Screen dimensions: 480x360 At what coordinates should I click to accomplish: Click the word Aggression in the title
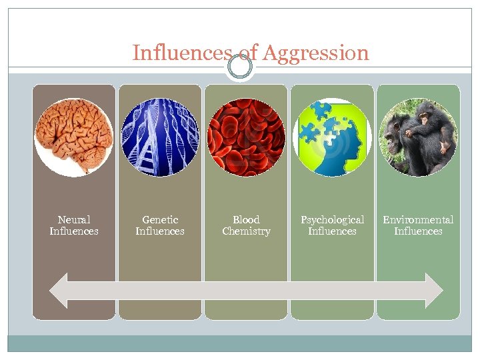316,53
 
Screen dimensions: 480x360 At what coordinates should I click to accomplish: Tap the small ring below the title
240,68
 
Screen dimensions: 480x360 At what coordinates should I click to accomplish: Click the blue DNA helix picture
160,137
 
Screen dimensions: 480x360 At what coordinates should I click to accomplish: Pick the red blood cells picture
246,137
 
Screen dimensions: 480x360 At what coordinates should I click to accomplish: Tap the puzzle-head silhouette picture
332,137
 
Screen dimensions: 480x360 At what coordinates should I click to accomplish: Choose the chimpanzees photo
418,137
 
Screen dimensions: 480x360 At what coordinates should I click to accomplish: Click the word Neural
74,219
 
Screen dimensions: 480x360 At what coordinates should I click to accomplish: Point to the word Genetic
160,219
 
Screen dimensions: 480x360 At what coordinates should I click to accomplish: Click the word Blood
246,219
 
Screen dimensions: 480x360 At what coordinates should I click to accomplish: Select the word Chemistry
246,231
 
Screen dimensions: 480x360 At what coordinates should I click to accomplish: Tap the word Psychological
332,219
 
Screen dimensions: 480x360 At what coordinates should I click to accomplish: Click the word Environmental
418,219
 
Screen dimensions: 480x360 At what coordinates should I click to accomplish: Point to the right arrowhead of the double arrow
434,290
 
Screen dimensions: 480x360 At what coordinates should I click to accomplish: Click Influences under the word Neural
74,231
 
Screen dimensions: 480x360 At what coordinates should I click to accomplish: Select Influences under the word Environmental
418,231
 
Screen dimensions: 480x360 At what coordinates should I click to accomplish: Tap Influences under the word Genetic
160,231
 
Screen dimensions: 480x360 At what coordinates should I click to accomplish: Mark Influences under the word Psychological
332,231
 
